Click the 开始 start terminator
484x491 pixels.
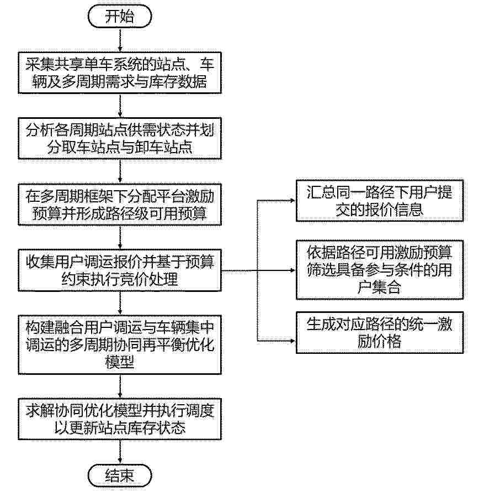(x=120, y=16)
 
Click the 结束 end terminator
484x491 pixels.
(x=120, y=476)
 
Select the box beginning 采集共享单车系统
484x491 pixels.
(x=120, y=73)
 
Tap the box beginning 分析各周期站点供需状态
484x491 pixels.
(x=120, y=138)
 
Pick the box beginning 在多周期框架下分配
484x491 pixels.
(x=120, y=205)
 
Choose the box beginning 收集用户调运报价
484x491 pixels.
(x=120, y=270)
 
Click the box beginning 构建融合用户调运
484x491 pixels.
(x=120, y=345)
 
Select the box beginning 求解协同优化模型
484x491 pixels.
(x=120, y=419)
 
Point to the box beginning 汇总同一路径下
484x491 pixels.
(x=380, y=201)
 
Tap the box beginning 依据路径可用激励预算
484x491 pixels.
(x=380, y=270)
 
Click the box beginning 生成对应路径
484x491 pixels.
(x=380, y=332)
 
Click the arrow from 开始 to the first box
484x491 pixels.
(x=120, y=40)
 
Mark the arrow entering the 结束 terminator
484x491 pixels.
(x=120, y=452)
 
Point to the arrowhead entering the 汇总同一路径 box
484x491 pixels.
(x=293, y=200)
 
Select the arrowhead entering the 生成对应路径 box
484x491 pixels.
(x=293, y=341)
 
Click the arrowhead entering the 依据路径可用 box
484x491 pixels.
(x=293, y=270)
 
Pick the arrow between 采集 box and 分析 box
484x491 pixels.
(x=120, y=106)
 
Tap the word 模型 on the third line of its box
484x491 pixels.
(x=120, y=362)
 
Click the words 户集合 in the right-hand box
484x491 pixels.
(x=379, y=287)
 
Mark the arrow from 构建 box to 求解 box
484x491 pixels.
(x=120, y=386)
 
